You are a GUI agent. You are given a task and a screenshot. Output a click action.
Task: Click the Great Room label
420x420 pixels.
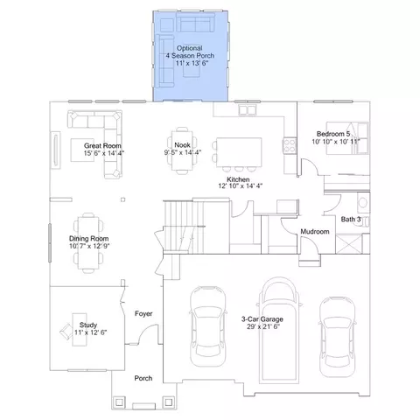point(102,145)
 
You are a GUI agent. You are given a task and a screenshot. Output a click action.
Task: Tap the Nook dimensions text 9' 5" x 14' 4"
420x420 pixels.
point(183,152)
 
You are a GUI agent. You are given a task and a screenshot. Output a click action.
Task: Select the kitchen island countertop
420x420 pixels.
point(239,152)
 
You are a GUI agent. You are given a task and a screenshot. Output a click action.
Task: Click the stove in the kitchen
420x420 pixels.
point(290,145)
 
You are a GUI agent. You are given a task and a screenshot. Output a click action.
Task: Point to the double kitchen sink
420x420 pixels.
point(248,110)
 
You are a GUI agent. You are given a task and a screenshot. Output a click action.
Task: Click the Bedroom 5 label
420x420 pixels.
point(333,134)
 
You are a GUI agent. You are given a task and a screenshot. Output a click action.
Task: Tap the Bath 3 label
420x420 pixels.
point(351,219)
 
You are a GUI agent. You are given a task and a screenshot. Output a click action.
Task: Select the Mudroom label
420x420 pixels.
point(315,232)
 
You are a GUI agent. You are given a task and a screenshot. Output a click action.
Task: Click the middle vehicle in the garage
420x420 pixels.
point(279,330)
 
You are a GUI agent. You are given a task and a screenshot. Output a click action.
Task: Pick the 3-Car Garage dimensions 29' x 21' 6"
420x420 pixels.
point(263,326)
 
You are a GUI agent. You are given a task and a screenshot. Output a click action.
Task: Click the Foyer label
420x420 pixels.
point(143,313)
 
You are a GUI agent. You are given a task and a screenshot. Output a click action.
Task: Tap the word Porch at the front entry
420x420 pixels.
point(143,378)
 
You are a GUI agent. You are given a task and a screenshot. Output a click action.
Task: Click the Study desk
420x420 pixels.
point(80,330)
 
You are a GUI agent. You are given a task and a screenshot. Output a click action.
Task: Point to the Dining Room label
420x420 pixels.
point(88,239)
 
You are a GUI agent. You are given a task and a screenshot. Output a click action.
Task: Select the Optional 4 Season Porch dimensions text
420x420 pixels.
point(192,63)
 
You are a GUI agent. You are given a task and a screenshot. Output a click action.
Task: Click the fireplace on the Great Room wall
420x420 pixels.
point(55,150)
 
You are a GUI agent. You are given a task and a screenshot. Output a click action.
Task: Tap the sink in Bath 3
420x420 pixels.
point(363,202)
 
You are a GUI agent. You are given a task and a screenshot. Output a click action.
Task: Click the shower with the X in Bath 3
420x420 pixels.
point(349,244)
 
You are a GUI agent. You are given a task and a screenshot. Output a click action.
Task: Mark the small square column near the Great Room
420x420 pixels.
point(123,199)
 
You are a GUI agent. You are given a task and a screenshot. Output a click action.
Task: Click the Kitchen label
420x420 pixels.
point(238,179)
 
